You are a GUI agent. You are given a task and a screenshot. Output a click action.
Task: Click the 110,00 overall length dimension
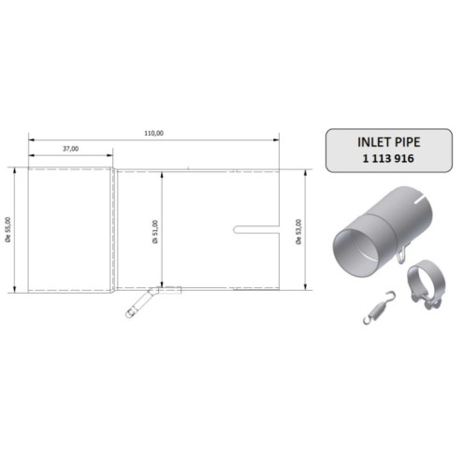pyautogui.click(x=153, y=134)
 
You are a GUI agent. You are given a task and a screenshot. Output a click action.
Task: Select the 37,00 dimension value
pyautogui.click(x=70, y=149)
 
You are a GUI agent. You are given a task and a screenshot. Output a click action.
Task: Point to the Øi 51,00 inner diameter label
pyautogui.click(x=154, y=230)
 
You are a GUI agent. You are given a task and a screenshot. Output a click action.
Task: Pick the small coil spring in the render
pyautogui.click(x=376, y=307)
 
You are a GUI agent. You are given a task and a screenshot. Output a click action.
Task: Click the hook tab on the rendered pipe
pyautogui.click(x=399, y=252)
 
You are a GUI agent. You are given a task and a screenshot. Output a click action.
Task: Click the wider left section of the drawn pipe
pyautogui.click(x=70, y=228)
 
